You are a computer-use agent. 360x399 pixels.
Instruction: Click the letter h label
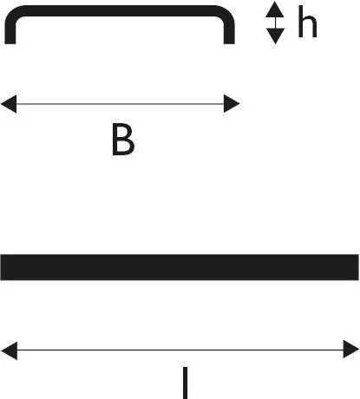[x=307, y=22]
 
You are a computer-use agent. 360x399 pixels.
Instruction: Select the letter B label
[x=123, y=140]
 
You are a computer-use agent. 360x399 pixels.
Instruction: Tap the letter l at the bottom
[x=186, y=383]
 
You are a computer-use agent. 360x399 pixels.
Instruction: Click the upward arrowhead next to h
[x=275, y=10]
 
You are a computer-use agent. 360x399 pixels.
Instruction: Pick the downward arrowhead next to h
[x=275, y=36]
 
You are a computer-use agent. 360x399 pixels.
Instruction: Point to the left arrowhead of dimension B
[x=9, y=103]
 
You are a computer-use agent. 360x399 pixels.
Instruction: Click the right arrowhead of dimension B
[x=232, y=103]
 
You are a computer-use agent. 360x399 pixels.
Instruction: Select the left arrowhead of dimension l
[x=10, y=350]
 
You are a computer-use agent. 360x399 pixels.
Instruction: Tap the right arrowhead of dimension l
[x=351, y=350]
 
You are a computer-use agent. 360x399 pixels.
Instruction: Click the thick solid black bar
[x=180, y=267]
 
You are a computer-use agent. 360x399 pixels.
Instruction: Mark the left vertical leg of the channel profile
[x=10, y=33]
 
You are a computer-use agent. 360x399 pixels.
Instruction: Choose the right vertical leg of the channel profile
[x=229, y=33]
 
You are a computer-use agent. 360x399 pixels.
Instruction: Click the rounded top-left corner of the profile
[x=12, y=13]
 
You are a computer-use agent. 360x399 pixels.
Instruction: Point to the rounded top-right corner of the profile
[x=227, y=13]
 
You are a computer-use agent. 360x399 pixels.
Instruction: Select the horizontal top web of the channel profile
[x=120, y=10]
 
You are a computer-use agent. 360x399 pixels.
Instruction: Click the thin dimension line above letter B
[x=121, y=103]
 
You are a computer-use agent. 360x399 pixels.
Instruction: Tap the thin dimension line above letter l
[x=180, y=350]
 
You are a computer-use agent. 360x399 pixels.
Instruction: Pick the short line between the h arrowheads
[x=275, y=23]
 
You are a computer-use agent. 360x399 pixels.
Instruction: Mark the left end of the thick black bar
[x=1, y=267]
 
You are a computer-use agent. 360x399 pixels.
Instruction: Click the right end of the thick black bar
[x=358, y=267]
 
